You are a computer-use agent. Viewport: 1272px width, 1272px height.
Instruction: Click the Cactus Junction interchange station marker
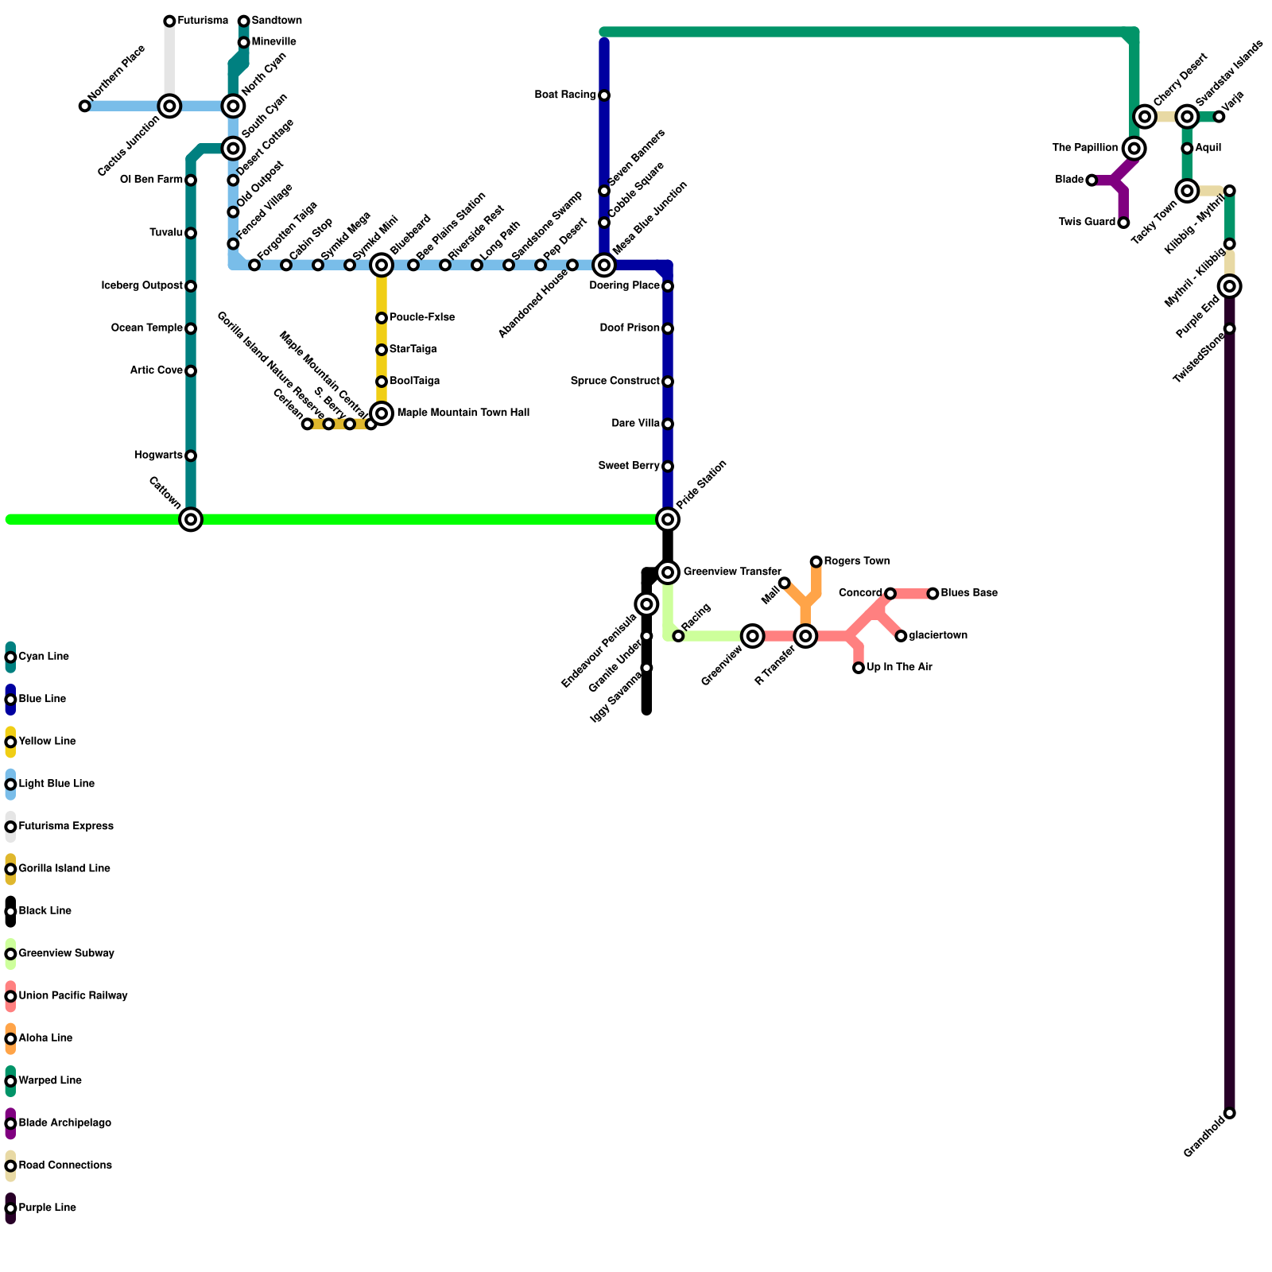pos(169,106)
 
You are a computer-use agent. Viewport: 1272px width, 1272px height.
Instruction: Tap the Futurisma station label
pos(202,21)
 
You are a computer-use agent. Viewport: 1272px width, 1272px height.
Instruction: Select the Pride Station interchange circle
pos(668,519)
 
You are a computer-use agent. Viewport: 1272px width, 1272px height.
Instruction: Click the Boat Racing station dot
pos(604,95)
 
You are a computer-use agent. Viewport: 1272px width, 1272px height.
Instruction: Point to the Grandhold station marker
pos(1230,1113)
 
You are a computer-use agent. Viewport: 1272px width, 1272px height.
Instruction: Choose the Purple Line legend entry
pos(47,1208)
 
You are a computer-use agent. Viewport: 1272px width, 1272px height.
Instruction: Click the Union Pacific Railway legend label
pos(72,995)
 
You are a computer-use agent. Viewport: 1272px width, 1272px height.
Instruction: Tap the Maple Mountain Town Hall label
pos(463,413)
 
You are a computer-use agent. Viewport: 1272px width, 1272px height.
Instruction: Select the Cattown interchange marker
pos(191,519)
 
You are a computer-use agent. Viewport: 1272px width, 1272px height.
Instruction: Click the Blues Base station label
pos(968,593)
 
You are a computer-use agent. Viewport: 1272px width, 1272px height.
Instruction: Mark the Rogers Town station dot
pos(816,562)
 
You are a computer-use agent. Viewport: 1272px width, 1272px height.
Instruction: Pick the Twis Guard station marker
pos(1123,223)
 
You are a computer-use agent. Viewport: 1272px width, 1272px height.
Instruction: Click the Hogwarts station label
pos(158,456)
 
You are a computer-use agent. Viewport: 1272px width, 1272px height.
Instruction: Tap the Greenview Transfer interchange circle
pos(668,572)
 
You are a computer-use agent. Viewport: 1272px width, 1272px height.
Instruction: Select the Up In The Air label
pos(899,667)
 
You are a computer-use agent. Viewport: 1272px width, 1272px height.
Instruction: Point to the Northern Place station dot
pos(84,106)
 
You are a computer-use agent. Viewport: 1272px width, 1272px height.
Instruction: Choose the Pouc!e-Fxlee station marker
pos(382,318)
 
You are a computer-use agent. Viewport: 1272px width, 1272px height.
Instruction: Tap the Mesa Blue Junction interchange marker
pos(604,265)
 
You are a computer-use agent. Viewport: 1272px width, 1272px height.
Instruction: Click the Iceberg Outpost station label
pos(142,285)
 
